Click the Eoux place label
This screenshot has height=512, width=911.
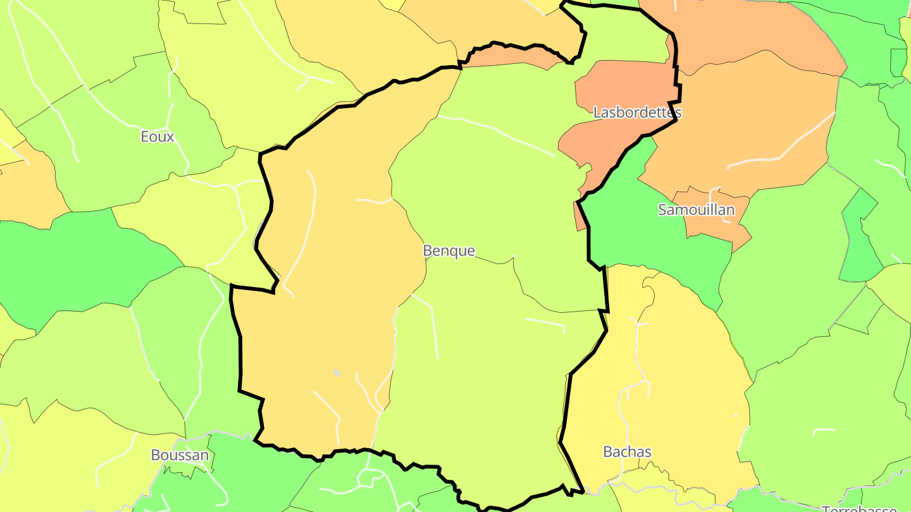[x=158, y=137]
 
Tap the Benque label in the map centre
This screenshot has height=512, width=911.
[x=449, y=250]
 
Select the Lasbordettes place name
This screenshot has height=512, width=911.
[x=637, y=113]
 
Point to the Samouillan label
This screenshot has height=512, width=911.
[x=696, y=209]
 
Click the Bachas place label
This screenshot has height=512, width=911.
[x=627, y=451]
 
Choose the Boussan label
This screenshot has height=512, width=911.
[x=180, y=454]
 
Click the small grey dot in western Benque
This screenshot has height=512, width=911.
[x=337, y=373]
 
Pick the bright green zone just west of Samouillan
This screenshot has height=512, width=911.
[x=633, y=234]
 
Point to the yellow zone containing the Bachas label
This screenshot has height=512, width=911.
[x=671, y=379]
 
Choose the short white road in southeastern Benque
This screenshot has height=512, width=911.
[x=545, y=324]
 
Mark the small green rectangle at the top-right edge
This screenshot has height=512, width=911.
[x=898, y=61]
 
